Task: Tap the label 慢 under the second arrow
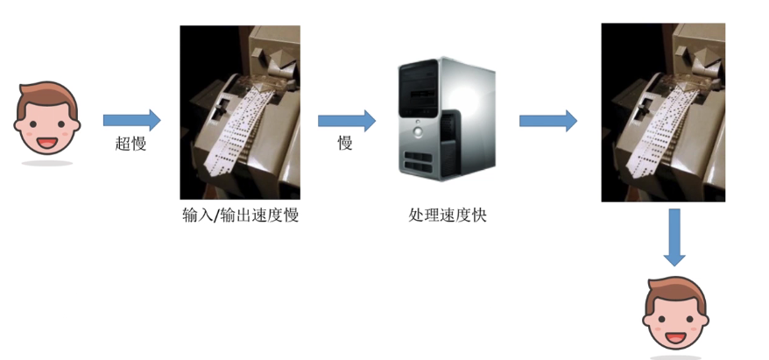click(345, 144)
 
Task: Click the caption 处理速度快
click(448, 215)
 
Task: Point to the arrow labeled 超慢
click(131, 120)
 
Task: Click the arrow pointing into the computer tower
click(346, 120)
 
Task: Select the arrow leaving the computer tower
click(547, 120)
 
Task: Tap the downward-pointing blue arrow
click(673, 236)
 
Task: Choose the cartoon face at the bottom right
click(674, 314)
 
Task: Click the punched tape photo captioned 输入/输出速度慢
click(240, 112)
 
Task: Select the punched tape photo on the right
click(663, 112)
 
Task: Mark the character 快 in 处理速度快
click(478, 215)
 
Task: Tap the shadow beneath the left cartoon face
click(47, 163)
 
